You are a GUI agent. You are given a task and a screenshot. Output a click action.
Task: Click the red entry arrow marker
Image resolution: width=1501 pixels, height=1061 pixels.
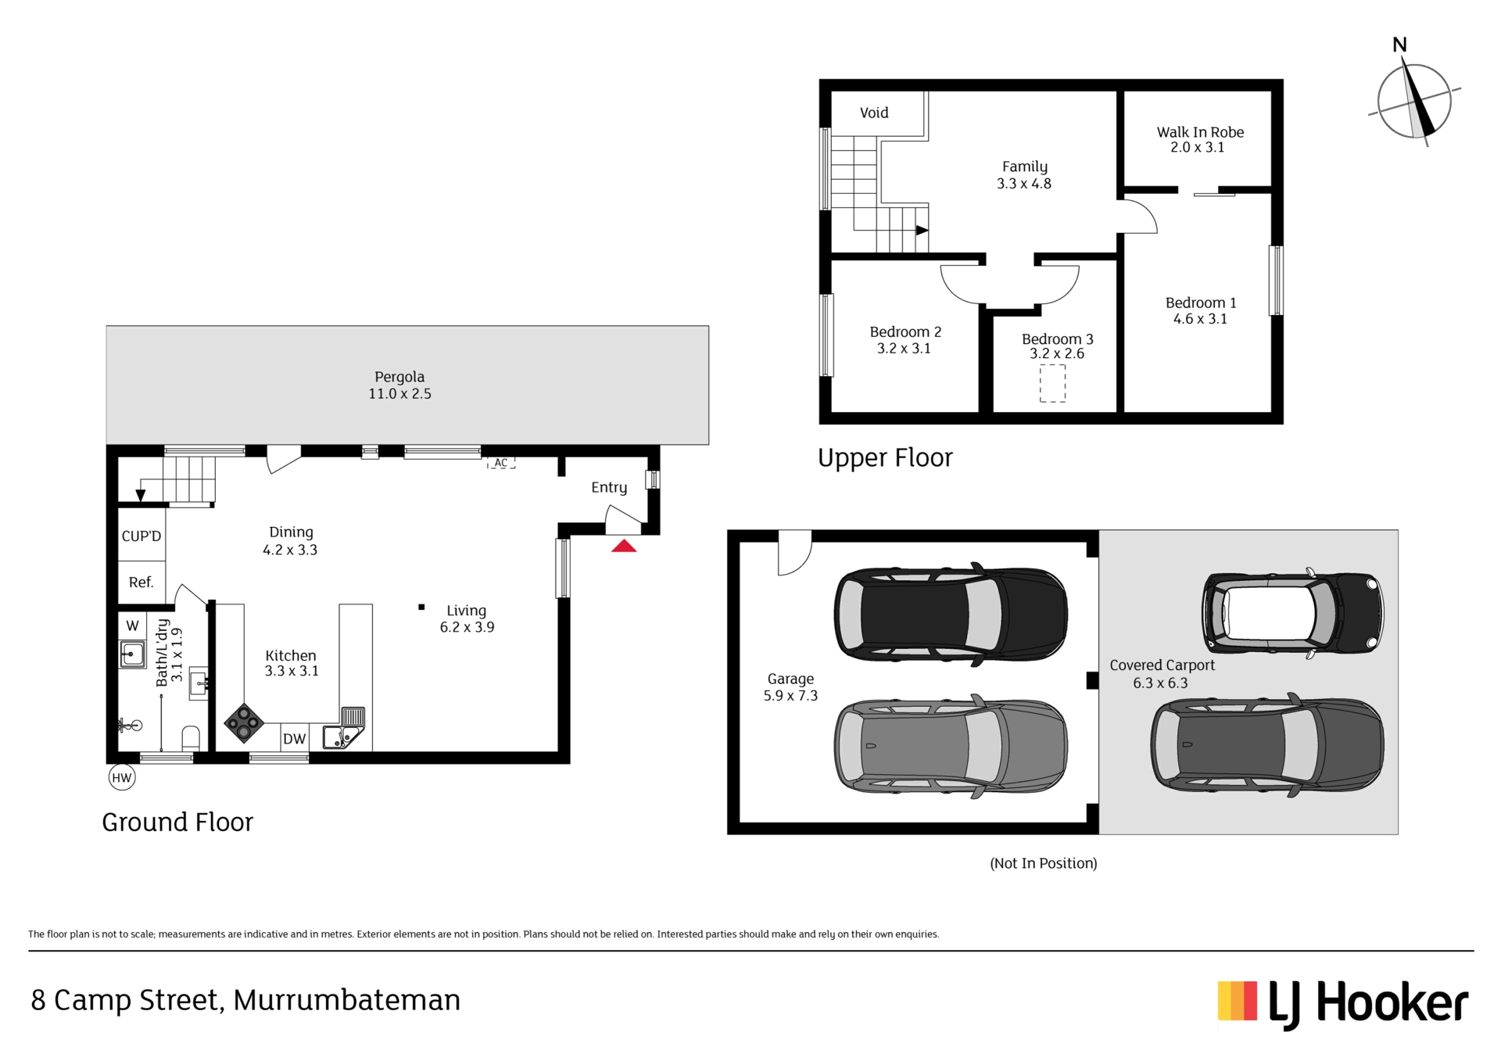pos(624,546)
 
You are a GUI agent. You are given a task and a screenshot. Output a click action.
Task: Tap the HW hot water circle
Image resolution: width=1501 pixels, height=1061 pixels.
pos(121,777)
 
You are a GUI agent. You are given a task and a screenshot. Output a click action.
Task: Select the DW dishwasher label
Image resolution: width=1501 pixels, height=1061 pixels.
pos(294,739)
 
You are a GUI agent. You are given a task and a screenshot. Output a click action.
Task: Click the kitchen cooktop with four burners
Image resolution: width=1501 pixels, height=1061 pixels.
pos(244,722)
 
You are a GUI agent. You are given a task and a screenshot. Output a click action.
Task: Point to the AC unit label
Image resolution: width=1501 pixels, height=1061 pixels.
pos(501,463)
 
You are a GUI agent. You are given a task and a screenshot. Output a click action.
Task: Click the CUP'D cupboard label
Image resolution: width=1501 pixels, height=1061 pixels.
pos(142,536)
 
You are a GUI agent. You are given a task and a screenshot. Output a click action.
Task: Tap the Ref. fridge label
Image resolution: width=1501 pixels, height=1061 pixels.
pos(142,582)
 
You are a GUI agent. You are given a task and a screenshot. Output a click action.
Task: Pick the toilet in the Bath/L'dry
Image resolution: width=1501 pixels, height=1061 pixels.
pos(191,738)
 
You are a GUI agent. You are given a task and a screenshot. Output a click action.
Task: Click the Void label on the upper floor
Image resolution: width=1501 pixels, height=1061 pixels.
pos(874,113)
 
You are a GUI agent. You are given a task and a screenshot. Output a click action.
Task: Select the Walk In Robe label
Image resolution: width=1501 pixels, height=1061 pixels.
pos(1200,132)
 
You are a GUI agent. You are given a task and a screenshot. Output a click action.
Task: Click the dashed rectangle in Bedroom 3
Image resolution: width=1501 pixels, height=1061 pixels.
pos(1052,384)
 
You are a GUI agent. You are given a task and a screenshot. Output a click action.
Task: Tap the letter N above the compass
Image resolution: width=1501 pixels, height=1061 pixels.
pos(1399,45)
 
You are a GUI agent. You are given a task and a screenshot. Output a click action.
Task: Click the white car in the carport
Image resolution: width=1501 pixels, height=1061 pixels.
pos(1293,614)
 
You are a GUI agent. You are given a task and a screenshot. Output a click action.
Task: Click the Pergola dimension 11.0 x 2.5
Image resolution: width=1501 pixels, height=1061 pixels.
pos(399,393)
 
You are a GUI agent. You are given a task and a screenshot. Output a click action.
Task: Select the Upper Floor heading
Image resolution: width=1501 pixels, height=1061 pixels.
pos(885,457)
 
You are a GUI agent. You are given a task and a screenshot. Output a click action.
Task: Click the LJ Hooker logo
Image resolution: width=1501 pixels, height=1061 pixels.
pos(1342,1003)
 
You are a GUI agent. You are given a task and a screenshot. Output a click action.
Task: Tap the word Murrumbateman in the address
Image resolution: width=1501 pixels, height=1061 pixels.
pos(346,1000)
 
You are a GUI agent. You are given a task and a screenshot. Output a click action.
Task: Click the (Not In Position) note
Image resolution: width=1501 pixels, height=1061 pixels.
pos(1044,863)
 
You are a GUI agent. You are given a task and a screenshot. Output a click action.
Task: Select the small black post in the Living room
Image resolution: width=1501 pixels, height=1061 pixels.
pos(421,607)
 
